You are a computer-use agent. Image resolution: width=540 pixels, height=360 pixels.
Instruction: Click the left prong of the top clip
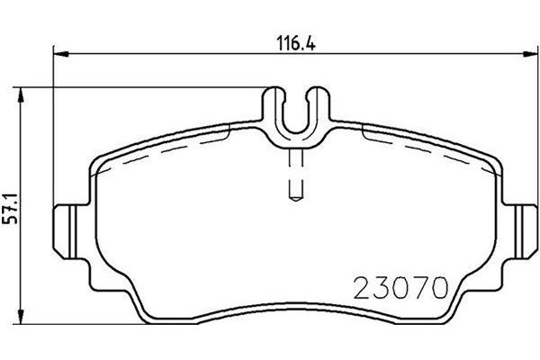(x=276, y=108)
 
